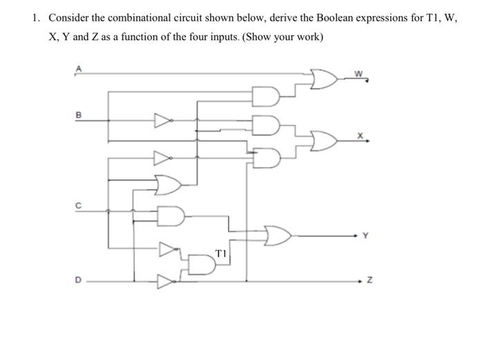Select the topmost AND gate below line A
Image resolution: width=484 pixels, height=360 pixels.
tap(268, 95)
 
